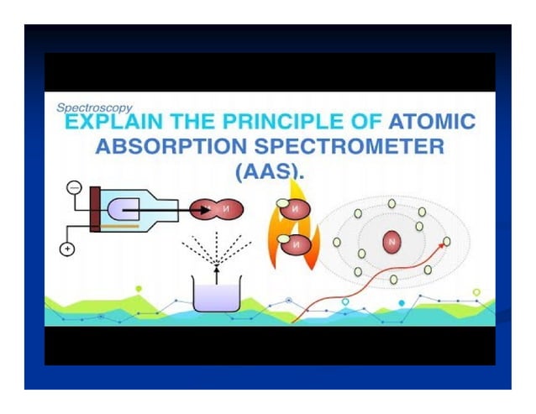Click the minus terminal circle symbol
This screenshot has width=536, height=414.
click(73, 188)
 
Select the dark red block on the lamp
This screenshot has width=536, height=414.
click(95, 207)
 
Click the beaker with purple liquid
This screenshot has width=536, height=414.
click(217, 295)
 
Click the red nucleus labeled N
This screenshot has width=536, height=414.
click(391, 243)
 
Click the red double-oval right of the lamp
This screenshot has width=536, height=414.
click(215, 209)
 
